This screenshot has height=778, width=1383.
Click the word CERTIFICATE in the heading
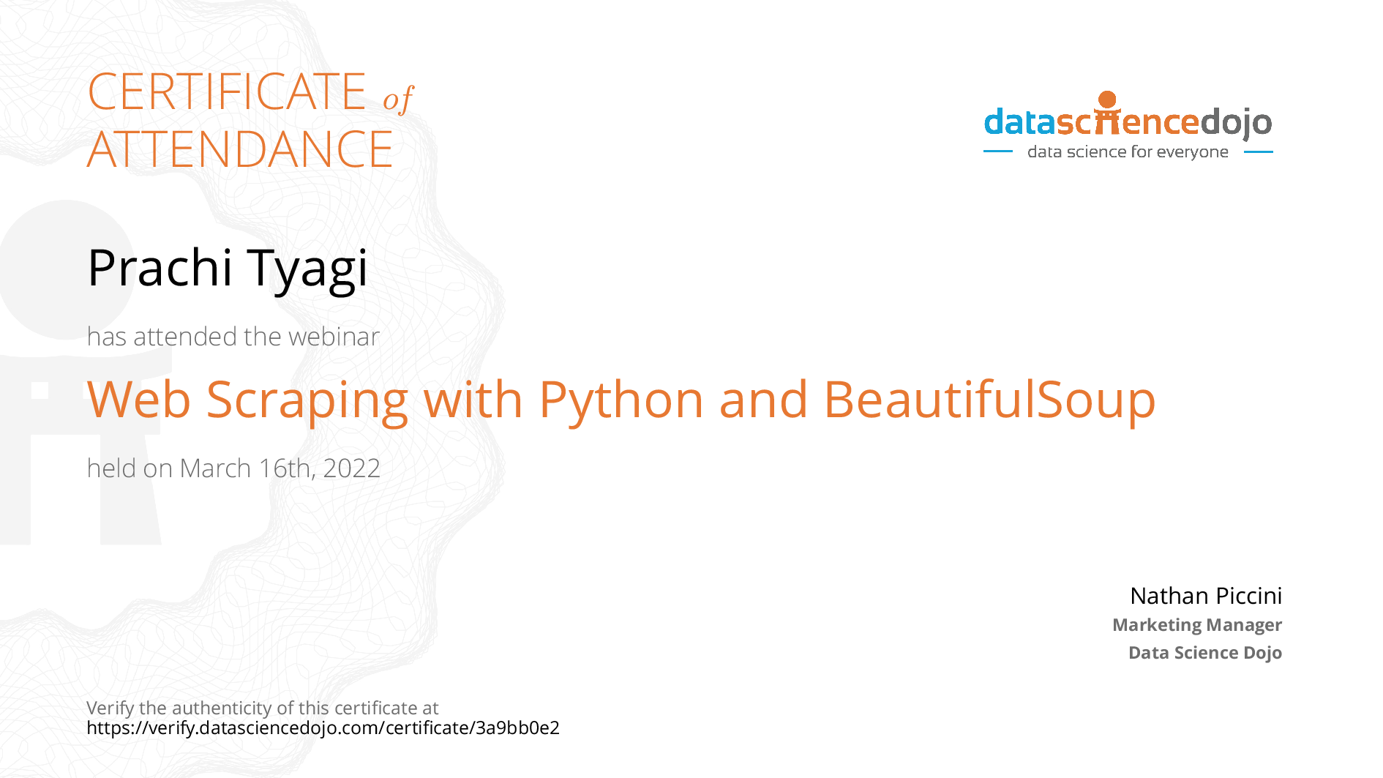coord(227,92)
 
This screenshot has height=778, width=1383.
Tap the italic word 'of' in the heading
coord(398,99)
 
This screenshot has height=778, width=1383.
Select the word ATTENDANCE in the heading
coord(240,149)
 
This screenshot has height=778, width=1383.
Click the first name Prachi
coord(160,267)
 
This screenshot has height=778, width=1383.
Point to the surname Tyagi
coord(307,271)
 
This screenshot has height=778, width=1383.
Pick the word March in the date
coord(216,468)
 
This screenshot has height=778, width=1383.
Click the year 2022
coord(352,468)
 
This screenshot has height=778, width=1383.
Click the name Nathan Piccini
coord(1206,596)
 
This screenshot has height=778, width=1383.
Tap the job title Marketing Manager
coord(1197,625)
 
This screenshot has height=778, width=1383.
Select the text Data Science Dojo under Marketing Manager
coord(1205,653)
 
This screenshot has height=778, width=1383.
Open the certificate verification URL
coord(323,728)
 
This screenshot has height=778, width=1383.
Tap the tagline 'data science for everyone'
coord(1128,152)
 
